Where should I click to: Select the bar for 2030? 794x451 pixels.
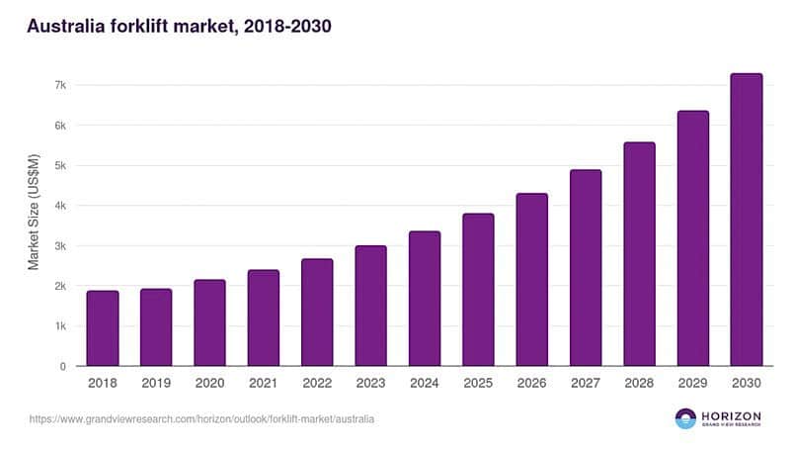(x=746, y=220)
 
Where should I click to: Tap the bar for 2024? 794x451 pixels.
(x=424, y=299)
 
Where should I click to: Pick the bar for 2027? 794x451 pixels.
(x=585, y=268)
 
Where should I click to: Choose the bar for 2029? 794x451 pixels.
(x=692, y=238)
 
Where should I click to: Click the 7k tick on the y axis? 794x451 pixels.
(x=59, y=85)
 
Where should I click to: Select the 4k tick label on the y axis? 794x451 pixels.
(x=59, y=206)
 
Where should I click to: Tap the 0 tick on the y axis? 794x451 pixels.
(x=62, y=366)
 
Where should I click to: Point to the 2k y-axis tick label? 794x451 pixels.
(x=59, y=286)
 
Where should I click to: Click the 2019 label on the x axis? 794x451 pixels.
(x=155, y=383)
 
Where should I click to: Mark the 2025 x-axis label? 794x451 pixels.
(x=477, y=383)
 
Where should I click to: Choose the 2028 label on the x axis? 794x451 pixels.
(x=638, y=383)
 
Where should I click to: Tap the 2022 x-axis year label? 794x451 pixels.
(x=316, y=383)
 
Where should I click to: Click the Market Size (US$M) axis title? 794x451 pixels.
(x=34, y=212)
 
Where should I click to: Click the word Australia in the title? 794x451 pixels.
(x=65, y=27)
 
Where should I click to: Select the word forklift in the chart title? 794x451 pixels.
(x=145, y=27)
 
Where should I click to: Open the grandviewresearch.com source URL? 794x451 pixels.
(x=201, y=419)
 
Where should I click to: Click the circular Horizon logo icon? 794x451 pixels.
(x=685, y=418)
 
